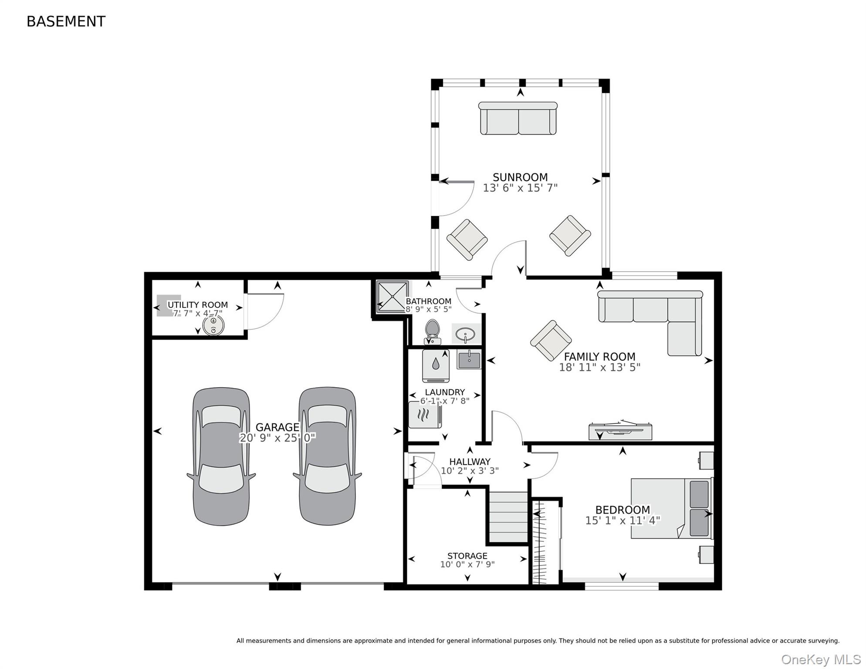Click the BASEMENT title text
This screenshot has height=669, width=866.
coord(66,21)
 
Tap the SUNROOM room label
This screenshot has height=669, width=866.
coord(520,177)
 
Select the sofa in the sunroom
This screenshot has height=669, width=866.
coord(518,118)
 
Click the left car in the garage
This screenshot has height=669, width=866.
coord(221,456)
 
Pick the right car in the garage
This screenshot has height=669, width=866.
coord(327,456)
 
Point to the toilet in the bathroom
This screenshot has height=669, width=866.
coord(433,332)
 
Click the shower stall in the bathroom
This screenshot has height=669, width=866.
coord(392,297)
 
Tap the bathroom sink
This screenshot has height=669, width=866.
coord(466,334)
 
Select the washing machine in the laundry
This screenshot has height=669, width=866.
coord(436,366)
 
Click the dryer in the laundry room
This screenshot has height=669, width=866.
coord(425,415)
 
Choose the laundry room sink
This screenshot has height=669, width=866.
coord(469,360)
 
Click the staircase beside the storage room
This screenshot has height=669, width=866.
coord(508,517)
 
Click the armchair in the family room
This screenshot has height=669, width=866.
coord(551,341)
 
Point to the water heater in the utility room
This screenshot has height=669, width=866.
coord(213,325)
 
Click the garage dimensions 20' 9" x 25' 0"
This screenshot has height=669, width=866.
coord(277,438)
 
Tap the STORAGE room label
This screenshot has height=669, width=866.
coord(467,556)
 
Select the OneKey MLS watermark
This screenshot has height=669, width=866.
coord(821,659)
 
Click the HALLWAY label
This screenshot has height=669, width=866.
coord(470,462)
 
